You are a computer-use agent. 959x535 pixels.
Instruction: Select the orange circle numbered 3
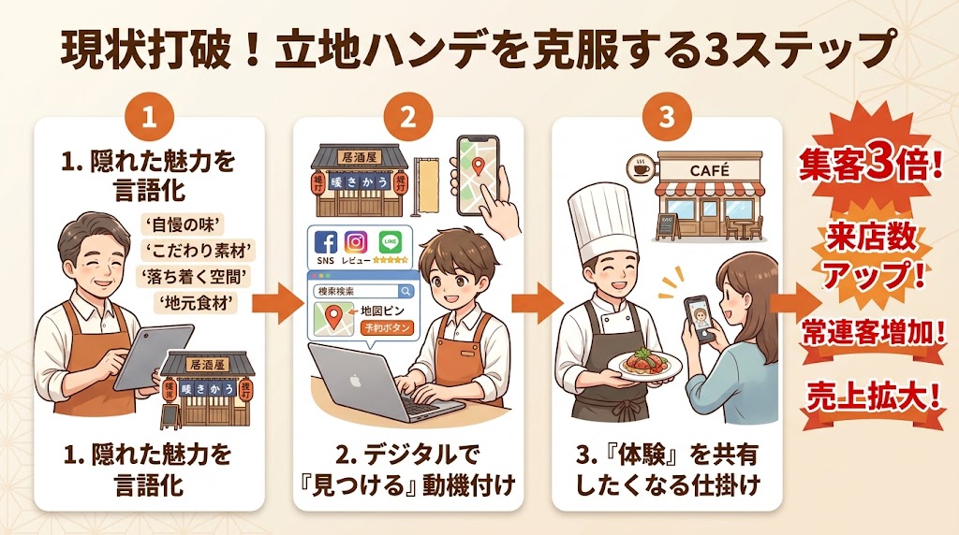(667, 118)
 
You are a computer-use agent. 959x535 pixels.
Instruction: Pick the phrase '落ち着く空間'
(198, 276)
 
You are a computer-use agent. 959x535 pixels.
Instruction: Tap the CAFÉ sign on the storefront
(708, 170)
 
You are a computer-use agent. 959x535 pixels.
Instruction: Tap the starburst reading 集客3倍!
(870, 167)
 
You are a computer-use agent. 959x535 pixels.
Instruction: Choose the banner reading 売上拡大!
(870, 396)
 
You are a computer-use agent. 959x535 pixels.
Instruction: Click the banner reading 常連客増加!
(870, 331)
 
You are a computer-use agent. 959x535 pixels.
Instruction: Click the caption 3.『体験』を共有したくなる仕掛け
(667, 470)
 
